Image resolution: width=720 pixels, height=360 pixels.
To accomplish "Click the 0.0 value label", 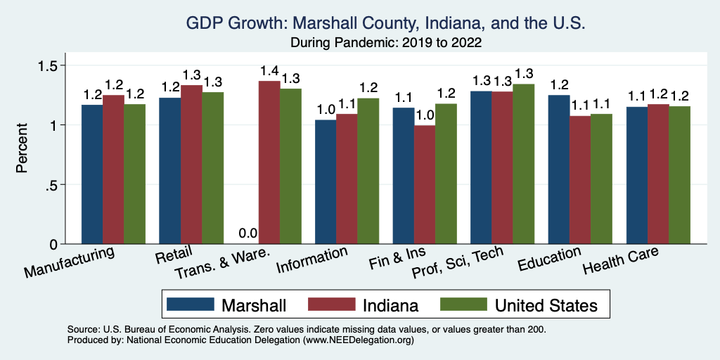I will click(x=247, y=233).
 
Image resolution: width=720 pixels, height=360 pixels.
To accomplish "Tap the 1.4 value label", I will click(x=269, y=71).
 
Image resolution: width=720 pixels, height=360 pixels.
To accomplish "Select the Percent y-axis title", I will click(x=22, y=150).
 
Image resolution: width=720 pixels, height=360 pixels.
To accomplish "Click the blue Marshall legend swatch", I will click(x=189, y=305).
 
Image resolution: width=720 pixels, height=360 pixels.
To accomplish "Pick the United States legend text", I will click(x=546, y=305).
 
